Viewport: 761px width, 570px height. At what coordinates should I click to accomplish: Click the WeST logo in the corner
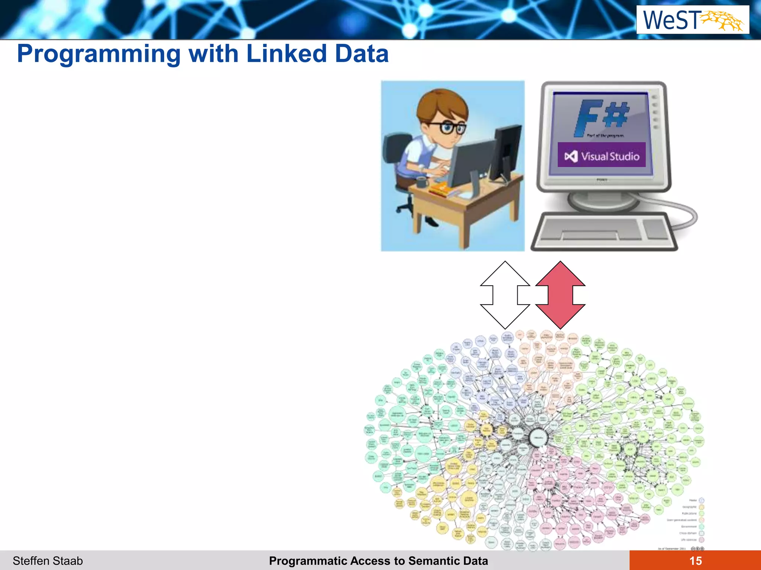[693, 20]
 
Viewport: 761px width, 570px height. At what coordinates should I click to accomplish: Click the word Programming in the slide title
[98, 54]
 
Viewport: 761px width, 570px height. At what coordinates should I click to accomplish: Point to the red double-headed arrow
[560, 295]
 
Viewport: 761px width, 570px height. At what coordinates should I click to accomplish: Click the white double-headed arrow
[505, 295]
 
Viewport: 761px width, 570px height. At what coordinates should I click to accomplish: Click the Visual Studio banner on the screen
[602, 155]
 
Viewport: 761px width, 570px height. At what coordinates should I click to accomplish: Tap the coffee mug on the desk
[422, 182]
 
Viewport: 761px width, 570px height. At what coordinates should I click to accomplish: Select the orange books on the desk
[440, 190]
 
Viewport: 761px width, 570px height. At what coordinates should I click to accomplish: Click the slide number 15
[695, 561]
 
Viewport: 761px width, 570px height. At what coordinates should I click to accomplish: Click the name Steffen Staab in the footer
[48, 561]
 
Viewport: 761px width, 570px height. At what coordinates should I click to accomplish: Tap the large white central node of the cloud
[538, 438]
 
